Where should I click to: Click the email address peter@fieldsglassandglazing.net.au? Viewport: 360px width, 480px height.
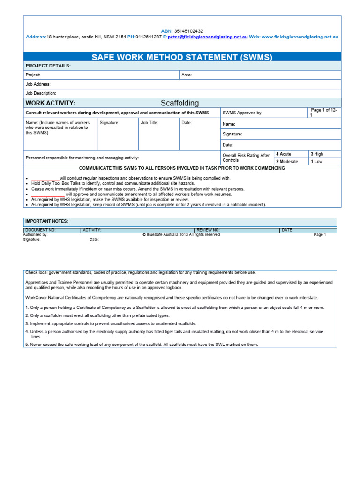coord(208,37)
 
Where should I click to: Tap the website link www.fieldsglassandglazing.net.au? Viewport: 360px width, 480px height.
coord(300,37)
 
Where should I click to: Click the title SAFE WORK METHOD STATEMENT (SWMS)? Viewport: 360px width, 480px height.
coord(182,57)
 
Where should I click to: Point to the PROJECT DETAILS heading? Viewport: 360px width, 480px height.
coord(48,66)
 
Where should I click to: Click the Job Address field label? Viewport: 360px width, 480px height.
coord(38,84)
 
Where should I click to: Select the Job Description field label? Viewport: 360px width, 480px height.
coord(41,93)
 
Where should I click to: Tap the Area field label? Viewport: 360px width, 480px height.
coord(187,75)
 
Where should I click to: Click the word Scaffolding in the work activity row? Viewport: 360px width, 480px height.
coord(180,103)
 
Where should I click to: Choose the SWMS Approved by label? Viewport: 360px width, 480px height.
coord(242,113)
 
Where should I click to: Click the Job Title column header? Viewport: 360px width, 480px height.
coord(150,123)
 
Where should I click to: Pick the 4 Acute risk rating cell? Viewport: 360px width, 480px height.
coord(284,154)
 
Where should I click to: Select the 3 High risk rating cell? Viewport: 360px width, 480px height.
coord(317,154)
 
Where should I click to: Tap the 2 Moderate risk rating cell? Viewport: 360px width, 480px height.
coord(287,162)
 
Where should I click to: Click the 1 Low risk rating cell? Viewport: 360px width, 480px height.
coord(316,162)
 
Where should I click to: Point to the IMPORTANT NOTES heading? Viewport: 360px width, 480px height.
coord(47,221)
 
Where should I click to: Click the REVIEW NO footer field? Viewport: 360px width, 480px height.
coord(208,230)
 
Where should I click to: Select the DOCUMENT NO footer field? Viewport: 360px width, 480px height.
coord(41,230)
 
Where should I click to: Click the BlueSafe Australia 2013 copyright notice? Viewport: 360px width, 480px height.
coord(181,235)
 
